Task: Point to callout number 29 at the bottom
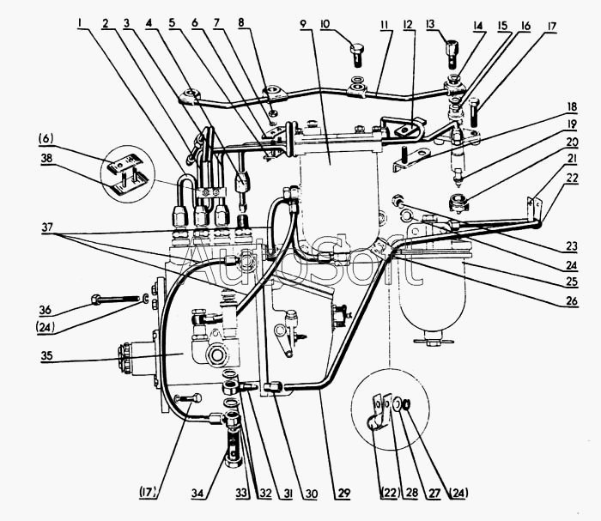tap(343, 494)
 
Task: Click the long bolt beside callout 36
tap(116, 300)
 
